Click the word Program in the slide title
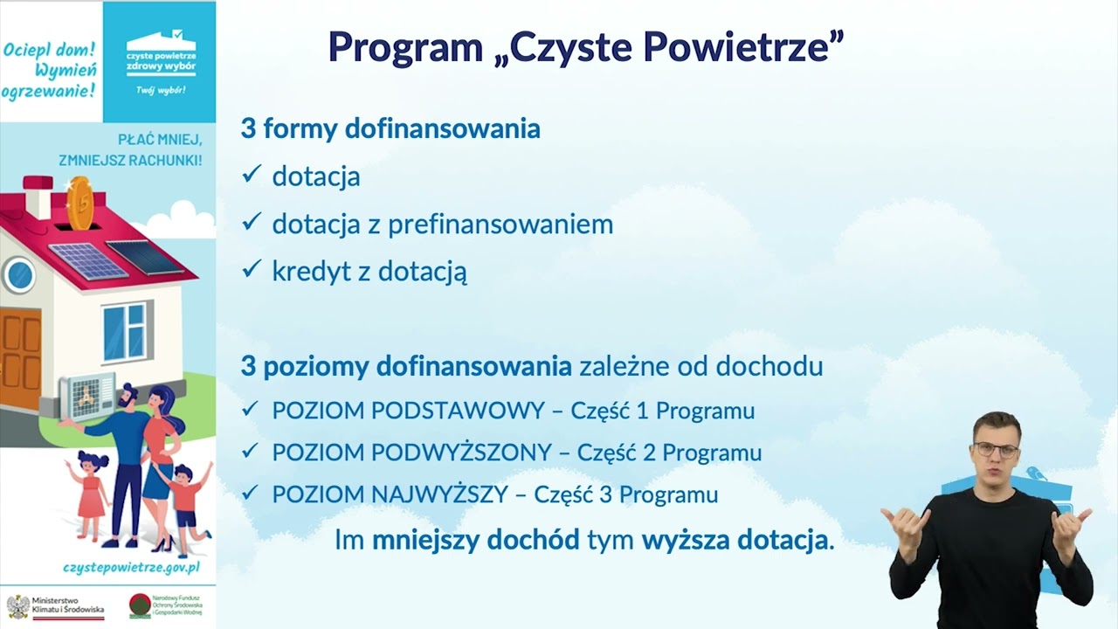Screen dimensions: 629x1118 click(405, 47)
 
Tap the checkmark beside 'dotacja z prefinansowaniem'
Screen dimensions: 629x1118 click(252, 223)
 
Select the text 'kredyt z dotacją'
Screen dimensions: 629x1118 click(369, 271)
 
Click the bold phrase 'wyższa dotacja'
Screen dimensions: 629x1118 click(735, 540)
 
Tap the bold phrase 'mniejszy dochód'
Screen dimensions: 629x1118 click(476, 540)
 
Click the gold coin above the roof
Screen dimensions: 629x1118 click(80, 203)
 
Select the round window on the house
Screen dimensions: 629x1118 click(18, 275)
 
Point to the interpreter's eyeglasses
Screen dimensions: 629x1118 click(997, 451)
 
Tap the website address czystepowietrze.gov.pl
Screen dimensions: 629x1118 click(131, 567)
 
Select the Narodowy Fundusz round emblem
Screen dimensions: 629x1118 click(139, 605)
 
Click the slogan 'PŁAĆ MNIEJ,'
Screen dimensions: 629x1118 click(160, 140)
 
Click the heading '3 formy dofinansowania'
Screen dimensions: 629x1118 click(390, 129)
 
